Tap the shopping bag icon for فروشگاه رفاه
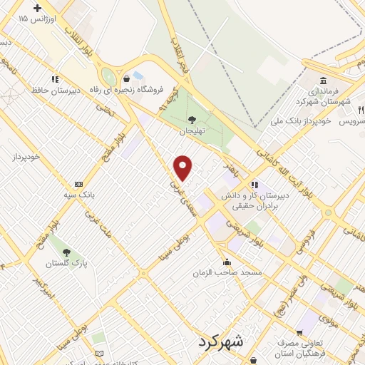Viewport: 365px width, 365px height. tap(126, 78)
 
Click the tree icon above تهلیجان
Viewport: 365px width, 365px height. tap(191, 119)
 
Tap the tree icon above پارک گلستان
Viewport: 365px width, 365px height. tap(67, 252)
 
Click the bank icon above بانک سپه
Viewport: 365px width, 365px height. tap(78, 183)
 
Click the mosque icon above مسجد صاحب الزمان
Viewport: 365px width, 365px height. tap(227, 261)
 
